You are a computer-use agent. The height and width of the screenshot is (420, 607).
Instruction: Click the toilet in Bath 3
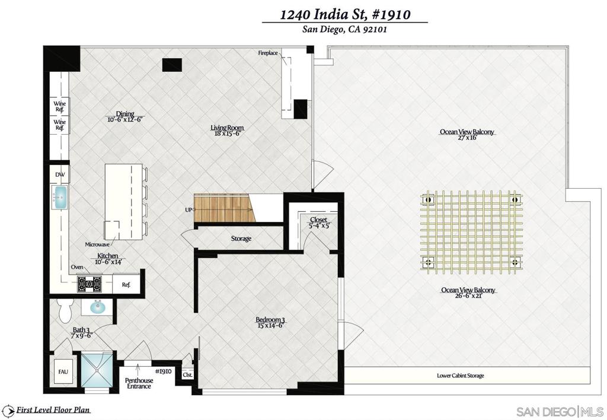click(x=64, y=310)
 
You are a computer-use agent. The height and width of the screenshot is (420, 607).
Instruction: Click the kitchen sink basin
click(x=60, y=197)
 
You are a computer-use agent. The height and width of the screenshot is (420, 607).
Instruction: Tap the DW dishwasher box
click(x=60, y=174)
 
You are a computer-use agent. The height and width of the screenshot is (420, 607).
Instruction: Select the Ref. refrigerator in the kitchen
click(x=126, y=284)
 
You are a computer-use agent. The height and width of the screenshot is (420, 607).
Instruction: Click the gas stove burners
click(x=90, y=284)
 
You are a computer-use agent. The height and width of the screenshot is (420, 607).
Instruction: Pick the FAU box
click(x=63, y=371)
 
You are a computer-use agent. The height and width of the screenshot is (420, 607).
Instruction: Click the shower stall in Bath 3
click(x=98, y=370)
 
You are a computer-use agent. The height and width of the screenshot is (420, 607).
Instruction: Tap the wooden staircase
click(x=224, y=209)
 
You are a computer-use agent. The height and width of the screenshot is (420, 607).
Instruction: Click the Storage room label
click(x=241, y=238)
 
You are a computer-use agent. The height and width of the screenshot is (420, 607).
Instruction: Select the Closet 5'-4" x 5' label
click(x=318, y=222)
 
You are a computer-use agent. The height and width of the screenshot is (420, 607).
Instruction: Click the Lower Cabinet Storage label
click(x=460, y=376)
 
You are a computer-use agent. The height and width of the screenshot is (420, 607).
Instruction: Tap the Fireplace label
click(x=268, y=53)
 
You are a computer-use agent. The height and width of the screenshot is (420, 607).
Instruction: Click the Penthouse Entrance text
click(x=139, y=383)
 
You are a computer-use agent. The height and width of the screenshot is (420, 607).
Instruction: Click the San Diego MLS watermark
click(x=560, y=411)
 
